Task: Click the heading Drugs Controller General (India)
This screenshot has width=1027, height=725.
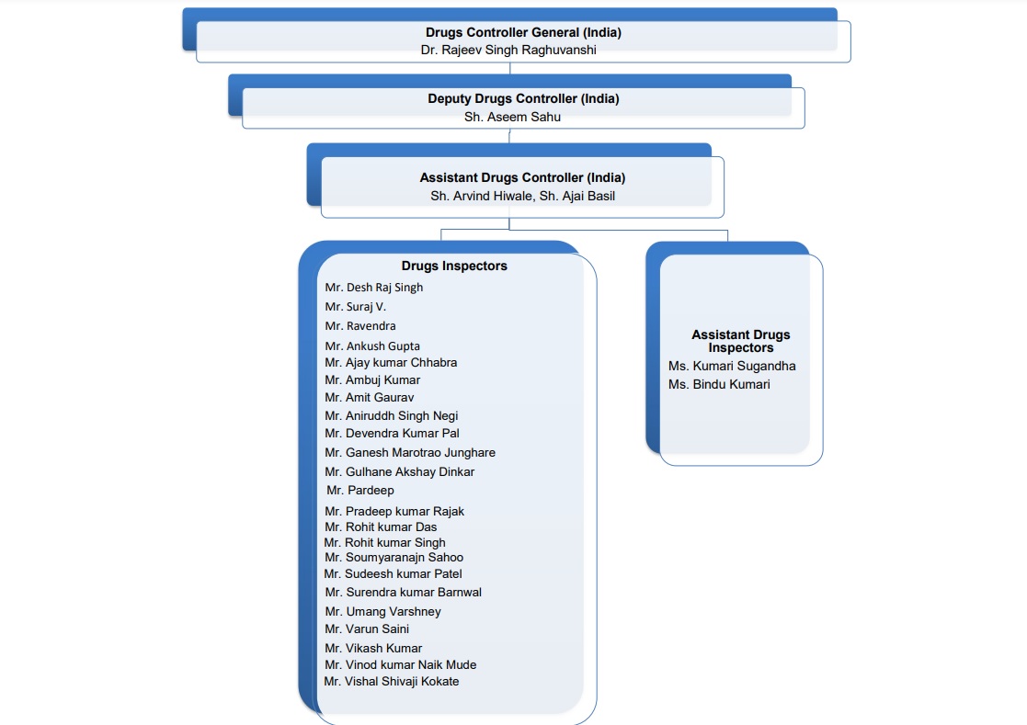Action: (522, 33)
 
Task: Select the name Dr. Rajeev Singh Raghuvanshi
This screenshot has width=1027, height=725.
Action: (508, 51)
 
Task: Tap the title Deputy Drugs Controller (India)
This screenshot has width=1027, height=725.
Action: (522, 99)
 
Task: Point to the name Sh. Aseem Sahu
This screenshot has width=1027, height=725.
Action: (512, 117)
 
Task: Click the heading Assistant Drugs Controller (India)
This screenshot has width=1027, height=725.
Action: (522, 178)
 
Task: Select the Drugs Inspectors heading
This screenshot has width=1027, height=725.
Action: (454, 266)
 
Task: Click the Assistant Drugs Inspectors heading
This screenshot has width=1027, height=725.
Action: (740, 341)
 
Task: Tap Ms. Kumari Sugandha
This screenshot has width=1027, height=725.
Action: (732, 366)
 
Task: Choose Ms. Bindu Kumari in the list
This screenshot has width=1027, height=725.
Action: (719, 384)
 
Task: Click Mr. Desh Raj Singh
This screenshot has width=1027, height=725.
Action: (374, 288)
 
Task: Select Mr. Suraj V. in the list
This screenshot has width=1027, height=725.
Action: (356, 307)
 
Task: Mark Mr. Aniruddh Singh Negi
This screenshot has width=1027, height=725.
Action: (391, 416)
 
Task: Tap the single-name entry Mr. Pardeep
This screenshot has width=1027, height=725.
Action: (360, 491)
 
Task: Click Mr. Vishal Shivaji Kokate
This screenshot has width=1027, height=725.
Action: (392, 682)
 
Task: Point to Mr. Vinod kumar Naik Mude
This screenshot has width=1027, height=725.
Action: (400, 665)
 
